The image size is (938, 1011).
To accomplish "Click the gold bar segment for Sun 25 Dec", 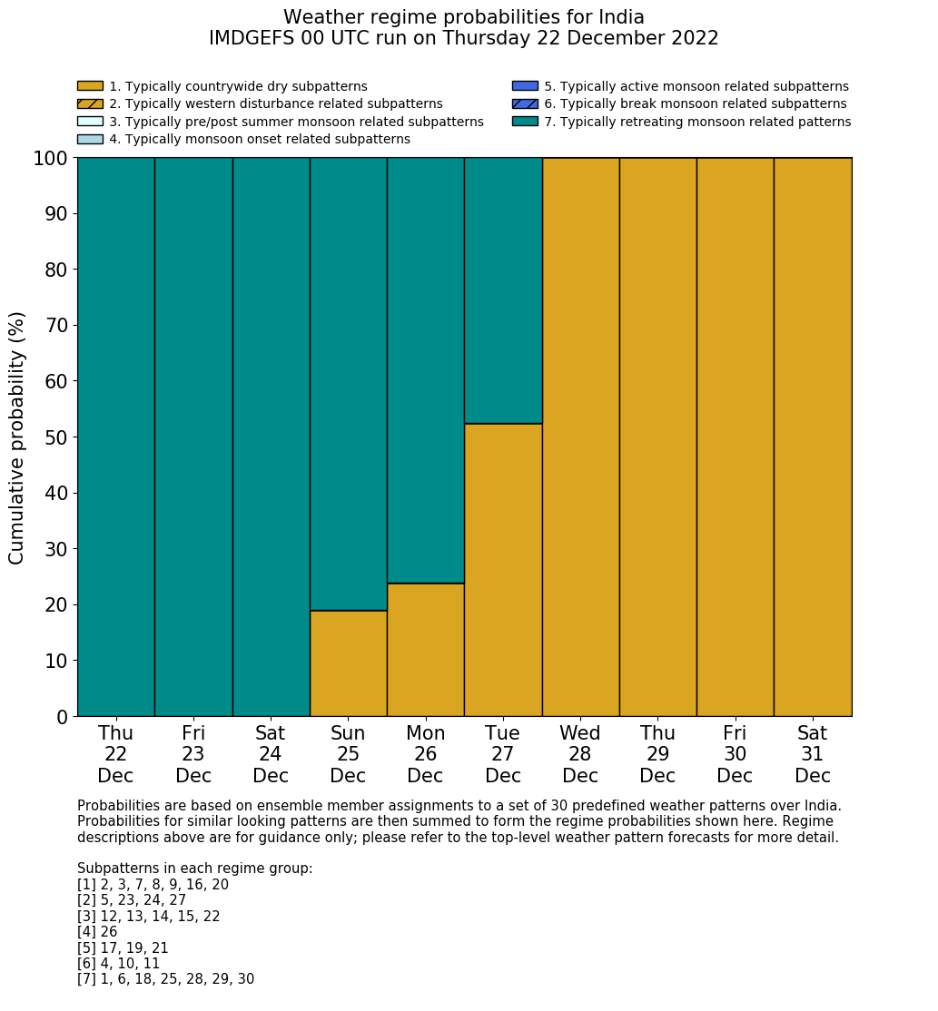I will click(348, 663).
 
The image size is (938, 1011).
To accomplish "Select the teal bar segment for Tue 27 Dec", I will click(503, 290).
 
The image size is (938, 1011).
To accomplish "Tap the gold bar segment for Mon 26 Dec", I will click(425, 650).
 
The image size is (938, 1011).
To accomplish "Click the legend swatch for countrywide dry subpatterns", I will click(90, 86).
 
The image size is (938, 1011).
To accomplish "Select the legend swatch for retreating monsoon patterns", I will click(525, 122).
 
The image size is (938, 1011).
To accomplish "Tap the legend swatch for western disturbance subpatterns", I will click(90, 104).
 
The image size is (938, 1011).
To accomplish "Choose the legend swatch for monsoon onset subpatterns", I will click(90, 139).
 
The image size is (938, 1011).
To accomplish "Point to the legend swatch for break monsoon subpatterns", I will click(525, 104).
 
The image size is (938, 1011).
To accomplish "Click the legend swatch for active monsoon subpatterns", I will click(525, 86).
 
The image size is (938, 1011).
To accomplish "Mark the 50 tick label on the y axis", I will click(56, 437).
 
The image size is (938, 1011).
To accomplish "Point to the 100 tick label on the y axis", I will click(51, 159).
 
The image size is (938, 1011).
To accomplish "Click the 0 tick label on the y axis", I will click(63, 717).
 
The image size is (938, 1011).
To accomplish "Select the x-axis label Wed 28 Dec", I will click(580, 754).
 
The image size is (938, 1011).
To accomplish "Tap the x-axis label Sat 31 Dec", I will click(813, 754).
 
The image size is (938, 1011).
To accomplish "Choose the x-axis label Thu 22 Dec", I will click(115, 754).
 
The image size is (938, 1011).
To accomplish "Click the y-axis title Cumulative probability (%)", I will click(17, 437).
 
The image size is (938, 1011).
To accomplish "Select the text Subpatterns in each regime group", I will click(194, 869).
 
